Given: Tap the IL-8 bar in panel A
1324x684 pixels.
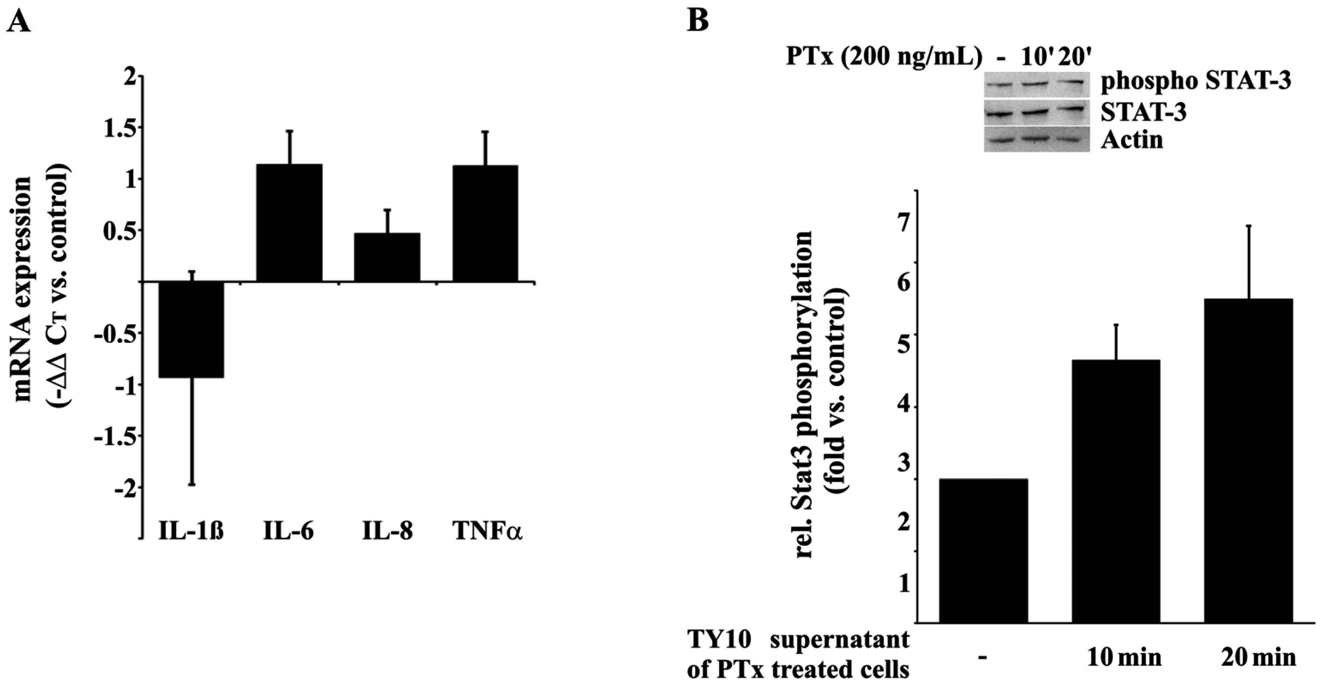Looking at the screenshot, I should pyautogui.click(x=387, y=257).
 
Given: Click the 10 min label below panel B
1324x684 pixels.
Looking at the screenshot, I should pyautogui.click(x=1117, y=658).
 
